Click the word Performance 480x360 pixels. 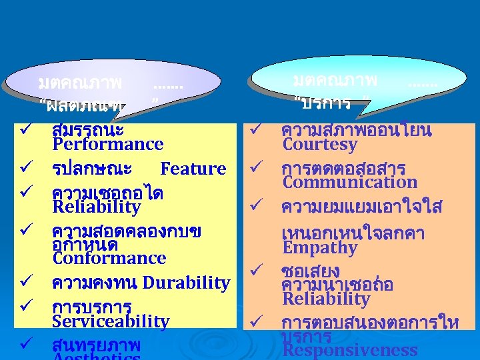(107, 144)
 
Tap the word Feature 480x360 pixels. (193, 169)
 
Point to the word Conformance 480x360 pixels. (109, 258)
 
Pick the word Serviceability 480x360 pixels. (111, 321)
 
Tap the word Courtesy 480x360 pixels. (320, 145)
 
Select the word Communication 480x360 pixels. (349, 182)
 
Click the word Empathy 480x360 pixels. (320, 248)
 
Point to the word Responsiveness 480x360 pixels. (349, 351)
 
